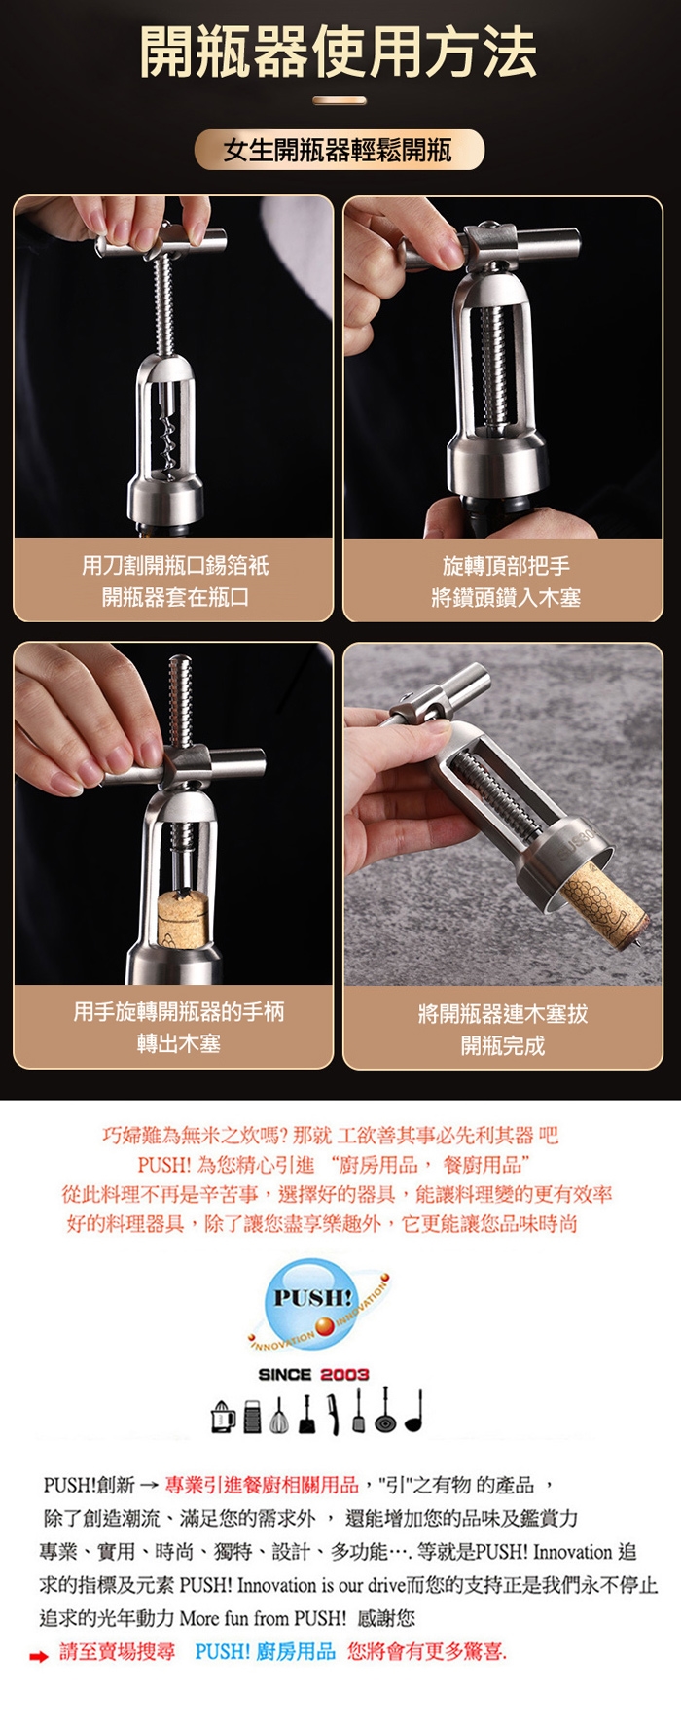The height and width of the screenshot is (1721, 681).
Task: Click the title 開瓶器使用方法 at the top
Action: pyautogui.click(x=339, y=53)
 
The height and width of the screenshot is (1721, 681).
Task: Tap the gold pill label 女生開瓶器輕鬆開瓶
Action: pyautogui.click(x=339, y=150)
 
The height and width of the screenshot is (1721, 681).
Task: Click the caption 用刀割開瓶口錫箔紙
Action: pyautogui.click(x=175, y=566)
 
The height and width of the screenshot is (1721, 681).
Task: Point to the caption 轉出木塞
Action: pyautogui.click(x=179, y=1043)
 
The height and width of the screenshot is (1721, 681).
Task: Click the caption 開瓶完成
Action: pyautogui.click(x=503, y=1046)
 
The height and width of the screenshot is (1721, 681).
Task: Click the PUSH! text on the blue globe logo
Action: pyautogui.click(x=311, y=1297)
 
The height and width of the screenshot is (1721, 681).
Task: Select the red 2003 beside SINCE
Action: pyautogui.click(x=344, y=1374)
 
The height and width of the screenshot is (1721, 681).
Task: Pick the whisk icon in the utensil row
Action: pyautogui.click(x=279, y=1416)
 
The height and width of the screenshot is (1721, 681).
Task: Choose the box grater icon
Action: pyautogui.click(x=252, y=1417)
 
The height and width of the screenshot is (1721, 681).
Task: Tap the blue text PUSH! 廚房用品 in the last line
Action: pyautogui.click(x=265, y=1651)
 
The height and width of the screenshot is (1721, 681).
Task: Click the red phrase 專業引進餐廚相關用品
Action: pyautogui.click(x=263, y=1485)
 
